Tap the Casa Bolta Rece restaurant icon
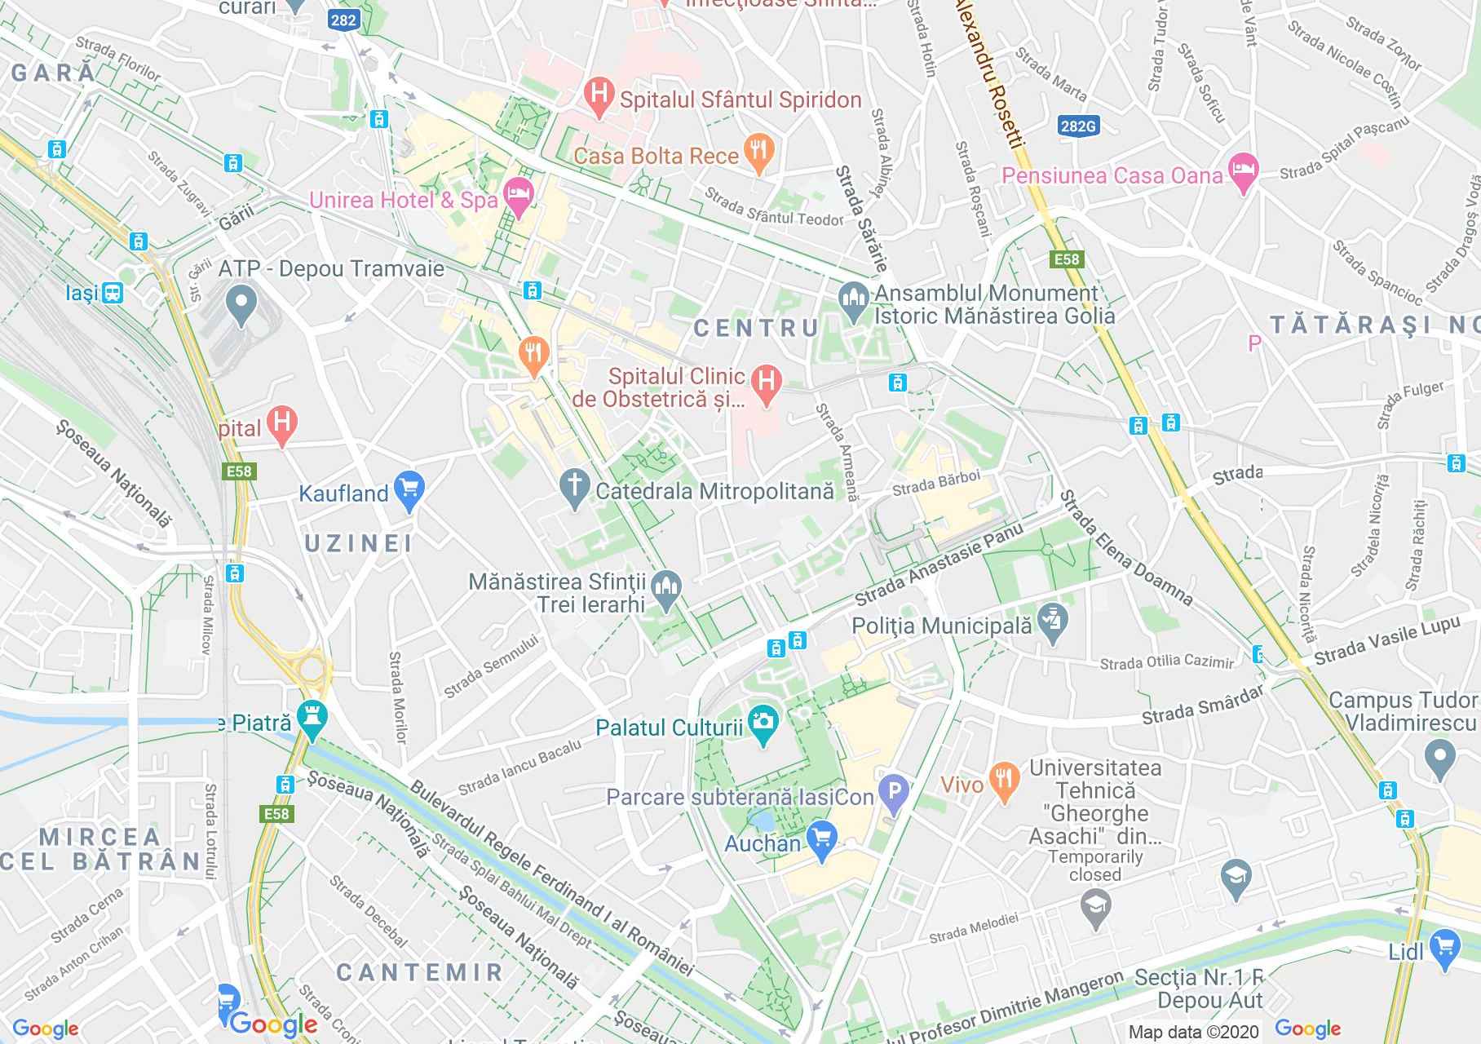point(758,153)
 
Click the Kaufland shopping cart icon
point(409,490)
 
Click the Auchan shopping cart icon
point(821,839)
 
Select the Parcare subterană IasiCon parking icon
point(894,794)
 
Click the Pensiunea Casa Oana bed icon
point(1243,172)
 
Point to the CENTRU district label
point(755,328)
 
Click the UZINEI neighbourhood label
point(359,543)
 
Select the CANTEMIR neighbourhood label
point(419,971)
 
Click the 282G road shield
point(1077,126)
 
